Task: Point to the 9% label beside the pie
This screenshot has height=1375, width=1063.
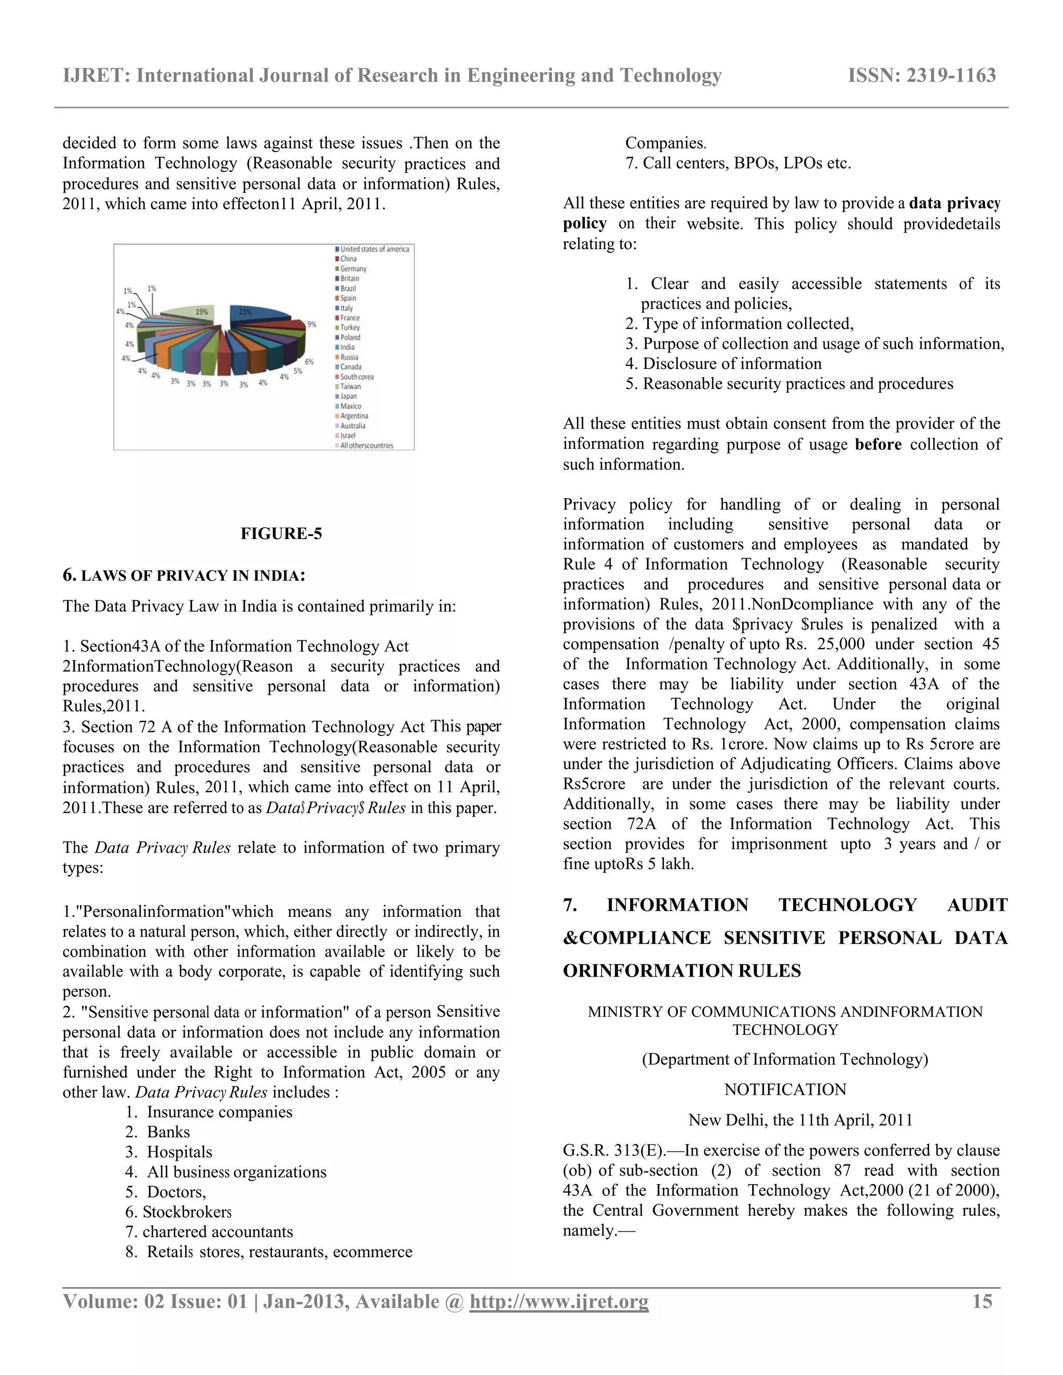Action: (x=311, y=325)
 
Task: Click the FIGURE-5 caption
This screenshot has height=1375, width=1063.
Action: (x=281, y=534)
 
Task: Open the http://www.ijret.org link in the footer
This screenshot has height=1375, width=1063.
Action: (x=558, y=1302)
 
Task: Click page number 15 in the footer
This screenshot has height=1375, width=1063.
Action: (x=983, y=1301)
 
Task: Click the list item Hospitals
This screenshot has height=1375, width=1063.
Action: (x=179, y=1152)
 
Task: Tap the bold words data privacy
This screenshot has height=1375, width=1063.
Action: (x=955, y=203)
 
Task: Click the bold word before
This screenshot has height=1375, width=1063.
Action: (x=878, y=445)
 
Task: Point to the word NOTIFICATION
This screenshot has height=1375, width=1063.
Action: (x=785, y=1090)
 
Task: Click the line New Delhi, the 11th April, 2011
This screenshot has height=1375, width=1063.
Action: (x=800, y=1120)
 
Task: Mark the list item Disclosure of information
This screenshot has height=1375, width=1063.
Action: (x=732, y=364)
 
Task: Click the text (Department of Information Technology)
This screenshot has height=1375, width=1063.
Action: (x=785, y=1060)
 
